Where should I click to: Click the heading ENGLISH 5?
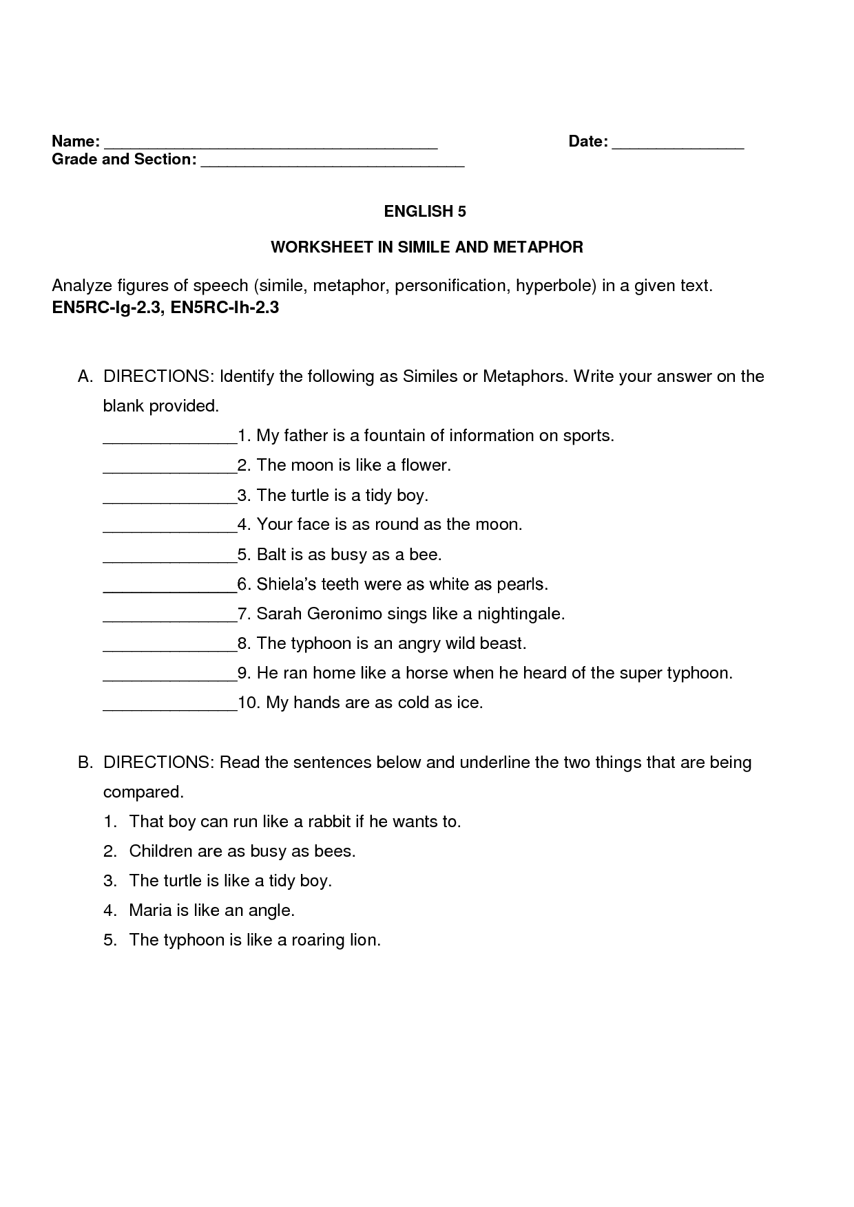coord(425,212)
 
